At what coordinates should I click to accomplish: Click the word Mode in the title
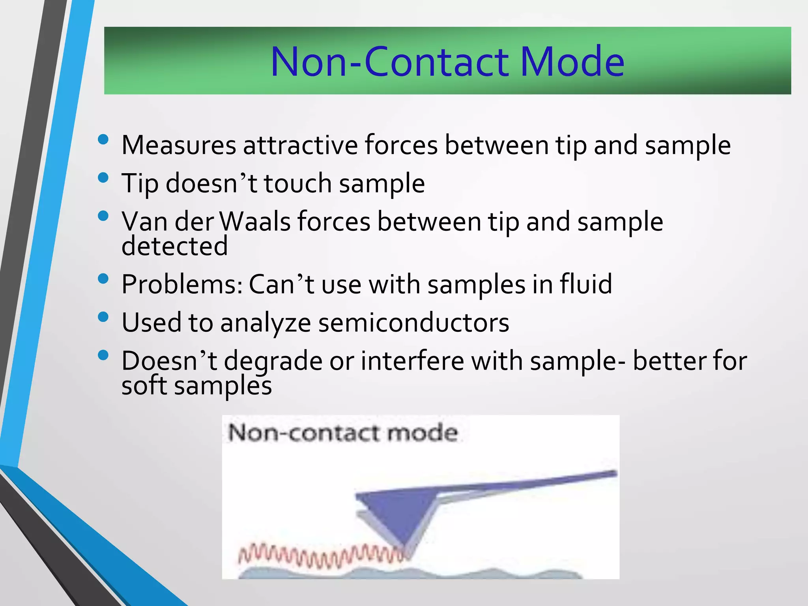pyautogui.click(x=572, y=62)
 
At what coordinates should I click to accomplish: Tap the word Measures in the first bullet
pyautogui.click(x=178, y=145)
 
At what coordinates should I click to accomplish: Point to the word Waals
pyautogui.click(x=255, y=221)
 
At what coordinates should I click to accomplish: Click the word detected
pyautogui.click(x=174, y=245)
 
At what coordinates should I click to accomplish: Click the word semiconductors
pyautogui.click(x=413, y=322)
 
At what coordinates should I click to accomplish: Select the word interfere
pyautogui.click(x=412, y=361)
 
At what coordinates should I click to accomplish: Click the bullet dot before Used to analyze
pyautogui.click(x=103, y=317)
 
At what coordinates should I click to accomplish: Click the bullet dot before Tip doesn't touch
pyautogui.click(x=103, y=178)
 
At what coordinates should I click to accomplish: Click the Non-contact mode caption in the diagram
pyautogui.click(x=343, y=433)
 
